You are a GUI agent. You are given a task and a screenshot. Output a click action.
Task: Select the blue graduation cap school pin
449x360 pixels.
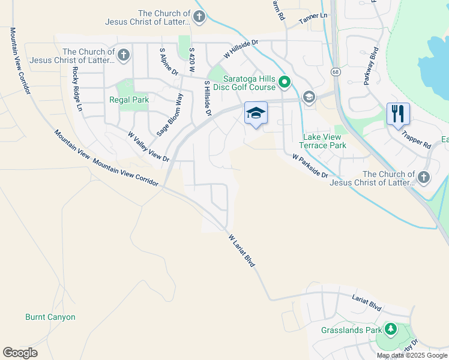click(x=256, y=113)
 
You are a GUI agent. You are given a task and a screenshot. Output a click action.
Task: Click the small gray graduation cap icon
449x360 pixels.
click(x=309, y=97)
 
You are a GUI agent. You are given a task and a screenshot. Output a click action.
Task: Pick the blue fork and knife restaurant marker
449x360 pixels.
click(x=398, y=113)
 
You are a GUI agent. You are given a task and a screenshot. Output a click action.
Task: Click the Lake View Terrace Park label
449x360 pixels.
click(x=323, y=141)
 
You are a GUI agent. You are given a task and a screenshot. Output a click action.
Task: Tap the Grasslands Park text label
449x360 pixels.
click(x=351, y=330)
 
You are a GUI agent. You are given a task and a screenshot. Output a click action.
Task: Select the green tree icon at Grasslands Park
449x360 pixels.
click(x=391, y=329)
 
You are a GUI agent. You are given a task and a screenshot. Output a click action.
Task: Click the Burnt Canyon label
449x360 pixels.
click(x=50, y=317)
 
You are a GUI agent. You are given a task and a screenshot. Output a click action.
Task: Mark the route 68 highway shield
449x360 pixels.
click(x=335, y=71)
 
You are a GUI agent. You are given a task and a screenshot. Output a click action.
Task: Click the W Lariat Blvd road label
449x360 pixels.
click(x=242, y=251)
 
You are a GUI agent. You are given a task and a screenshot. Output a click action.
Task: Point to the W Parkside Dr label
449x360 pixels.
click(x=310, y=166)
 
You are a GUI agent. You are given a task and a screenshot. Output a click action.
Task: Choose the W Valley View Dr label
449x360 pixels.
click(x=148, y=146)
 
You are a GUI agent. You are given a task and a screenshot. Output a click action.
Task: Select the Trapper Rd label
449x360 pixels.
click(x=418, y=140)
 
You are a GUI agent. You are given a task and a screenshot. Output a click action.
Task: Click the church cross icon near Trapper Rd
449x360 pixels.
click(x=424, y=177)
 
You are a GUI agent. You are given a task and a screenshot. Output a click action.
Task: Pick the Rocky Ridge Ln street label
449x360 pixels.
click(x=76, y=88)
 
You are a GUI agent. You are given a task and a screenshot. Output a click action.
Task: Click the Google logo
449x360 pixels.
click(x=20, y=353)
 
